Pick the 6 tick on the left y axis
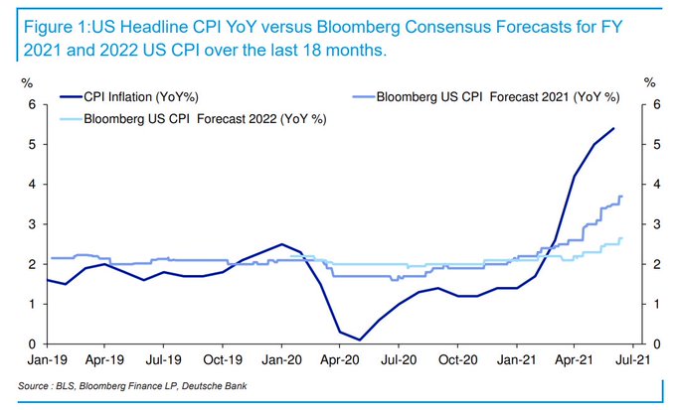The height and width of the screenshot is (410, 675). point(31,104)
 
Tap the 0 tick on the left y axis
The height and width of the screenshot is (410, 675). point(31,344)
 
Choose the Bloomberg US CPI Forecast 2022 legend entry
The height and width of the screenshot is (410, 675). point(208,118)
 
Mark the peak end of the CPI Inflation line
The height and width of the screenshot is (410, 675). point(613,128)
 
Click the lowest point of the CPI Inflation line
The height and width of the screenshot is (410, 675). point(359,340)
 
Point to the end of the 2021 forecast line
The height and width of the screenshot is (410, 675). point(622,197)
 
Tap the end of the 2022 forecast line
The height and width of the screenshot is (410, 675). point(622,238)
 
